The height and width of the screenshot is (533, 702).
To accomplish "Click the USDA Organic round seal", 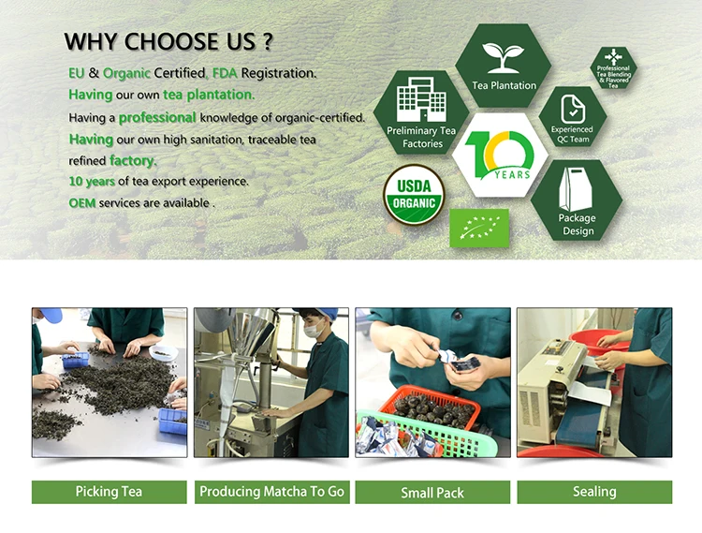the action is click(x=414, y=195).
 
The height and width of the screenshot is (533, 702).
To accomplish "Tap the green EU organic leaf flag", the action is click(x=479, y=228).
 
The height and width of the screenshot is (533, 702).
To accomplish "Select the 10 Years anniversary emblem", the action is click(x=500, y=155).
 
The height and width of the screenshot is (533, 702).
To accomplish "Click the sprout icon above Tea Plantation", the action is click(x=504, y=57).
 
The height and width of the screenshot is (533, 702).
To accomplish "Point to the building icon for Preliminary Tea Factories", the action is click(x=421, y=99).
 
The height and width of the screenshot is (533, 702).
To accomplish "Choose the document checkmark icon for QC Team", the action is click(x=573, y=109).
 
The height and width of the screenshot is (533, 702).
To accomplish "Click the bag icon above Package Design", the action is click(x=576, y=189).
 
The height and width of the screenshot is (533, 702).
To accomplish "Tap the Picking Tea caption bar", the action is click(x=110, y=492).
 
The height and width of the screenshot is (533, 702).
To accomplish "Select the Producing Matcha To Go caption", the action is click(x=271, y=492).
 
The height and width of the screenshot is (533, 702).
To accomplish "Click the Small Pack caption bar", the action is click(x=432, y=492).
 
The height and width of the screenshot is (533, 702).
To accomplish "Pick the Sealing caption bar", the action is click(x=594, y=492).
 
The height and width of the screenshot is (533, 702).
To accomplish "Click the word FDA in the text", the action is click(x=225, y=73).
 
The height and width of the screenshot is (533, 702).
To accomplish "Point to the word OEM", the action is click(x=82, y=203).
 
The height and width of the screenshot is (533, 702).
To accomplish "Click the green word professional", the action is click(x=157, y=117).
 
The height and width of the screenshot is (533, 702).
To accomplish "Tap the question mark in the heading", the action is click(x=267, y=41).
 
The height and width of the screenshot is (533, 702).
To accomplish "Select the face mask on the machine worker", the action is click(x=314, y=331).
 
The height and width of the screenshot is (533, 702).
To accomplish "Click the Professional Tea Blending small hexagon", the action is click(x=613, y=68).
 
